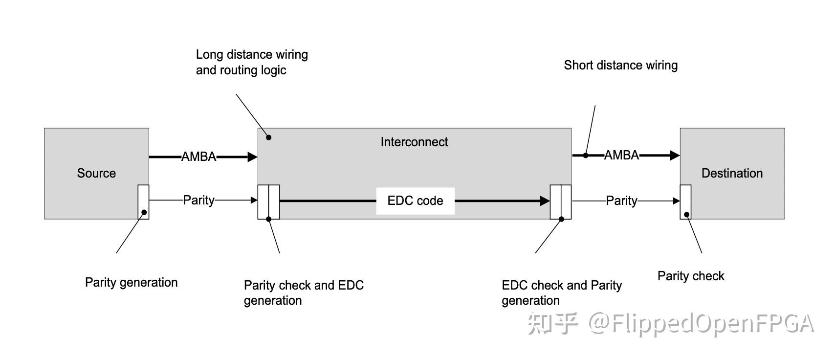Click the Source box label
coord(96,173)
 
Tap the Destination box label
coord(732,173)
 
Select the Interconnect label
coord(414,142)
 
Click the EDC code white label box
coord(415,201)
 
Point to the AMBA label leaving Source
coord(198,157)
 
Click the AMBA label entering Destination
coord(621,155)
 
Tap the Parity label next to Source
coord(198,200)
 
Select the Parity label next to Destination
coord(621,201)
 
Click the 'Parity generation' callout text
coord(131,282)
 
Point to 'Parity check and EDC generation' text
coord(304,292)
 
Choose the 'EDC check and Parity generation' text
coord(562,292)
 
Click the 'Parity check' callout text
coord(690,276)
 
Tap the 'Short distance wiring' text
coord(620,65)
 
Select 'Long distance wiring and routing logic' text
coord(252,62)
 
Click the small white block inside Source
coord(143,202)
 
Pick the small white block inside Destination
coord(685,202)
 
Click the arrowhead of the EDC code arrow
coord(545,201)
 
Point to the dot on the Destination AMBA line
coord(586,156)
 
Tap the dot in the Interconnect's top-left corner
coord(268,137)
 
